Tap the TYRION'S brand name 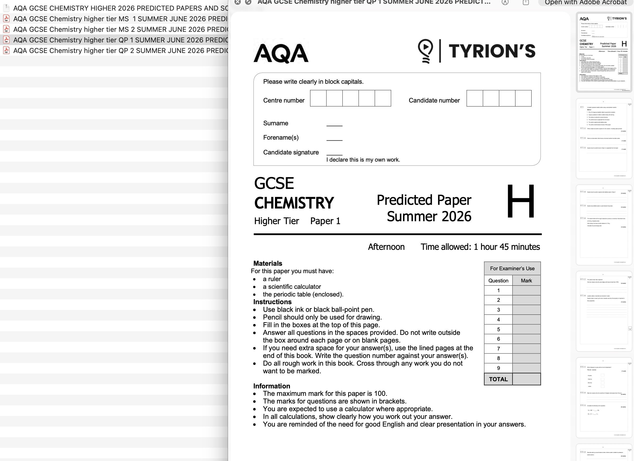pos(492,51)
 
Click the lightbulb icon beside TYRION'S pos(425,51)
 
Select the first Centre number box pos(318,98)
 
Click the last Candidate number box pos(523,98)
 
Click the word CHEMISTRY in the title pos(294,203)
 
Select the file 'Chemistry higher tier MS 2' pos(120,29)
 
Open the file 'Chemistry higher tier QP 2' pos(120,51)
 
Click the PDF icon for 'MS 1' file pos(6,19)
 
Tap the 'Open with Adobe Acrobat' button pos(586,3)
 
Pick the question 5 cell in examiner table pos(498,329)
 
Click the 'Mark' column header pos(526,281)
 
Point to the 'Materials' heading pos(268,263)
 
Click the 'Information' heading pos(271,386)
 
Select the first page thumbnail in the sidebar pos(604,52)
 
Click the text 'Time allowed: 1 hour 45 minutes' pos(480,247)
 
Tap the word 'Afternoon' pos(386,247)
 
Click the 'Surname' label pos(276,123)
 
